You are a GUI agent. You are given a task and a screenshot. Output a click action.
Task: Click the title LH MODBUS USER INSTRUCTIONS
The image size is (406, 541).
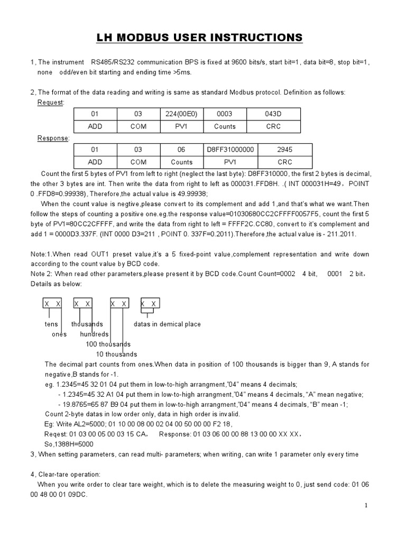click(199, 38)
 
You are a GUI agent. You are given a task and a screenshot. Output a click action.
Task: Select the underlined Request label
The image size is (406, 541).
click(50, 102)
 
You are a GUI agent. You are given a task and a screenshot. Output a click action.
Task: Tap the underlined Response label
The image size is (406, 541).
click(53, 138)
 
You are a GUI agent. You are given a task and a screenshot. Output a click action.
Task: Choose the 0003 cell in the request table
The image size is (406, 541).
click(225, 114)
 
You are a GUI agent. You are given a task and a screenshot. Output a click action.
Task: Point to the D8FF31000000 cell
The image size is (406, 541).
click(230, 150)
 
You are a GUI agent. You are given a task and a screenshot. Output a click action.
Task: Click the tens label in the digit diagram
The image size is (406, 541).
click(51, 324)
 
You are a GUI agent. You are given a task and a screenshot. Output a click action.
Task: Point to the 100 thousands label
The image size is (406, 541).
click(108, 344)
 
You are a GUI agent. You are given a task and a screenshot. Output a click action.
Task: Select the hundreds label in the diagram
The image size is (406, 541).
click(94, 334)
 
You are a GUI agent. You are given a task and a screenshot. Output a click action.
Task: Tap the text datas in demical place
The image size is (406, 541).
click(167, 324)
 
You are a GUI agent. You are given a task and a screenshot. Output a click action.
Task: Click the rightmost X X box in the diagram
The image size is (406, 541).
click(150, 304)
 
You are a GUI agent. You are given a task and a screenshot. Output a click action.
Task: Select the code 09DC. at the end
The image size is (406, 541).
click(77, 495)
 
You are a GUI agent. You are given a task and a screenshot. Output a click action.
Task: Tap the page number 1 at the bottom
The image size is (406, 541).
click(365, 506)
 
